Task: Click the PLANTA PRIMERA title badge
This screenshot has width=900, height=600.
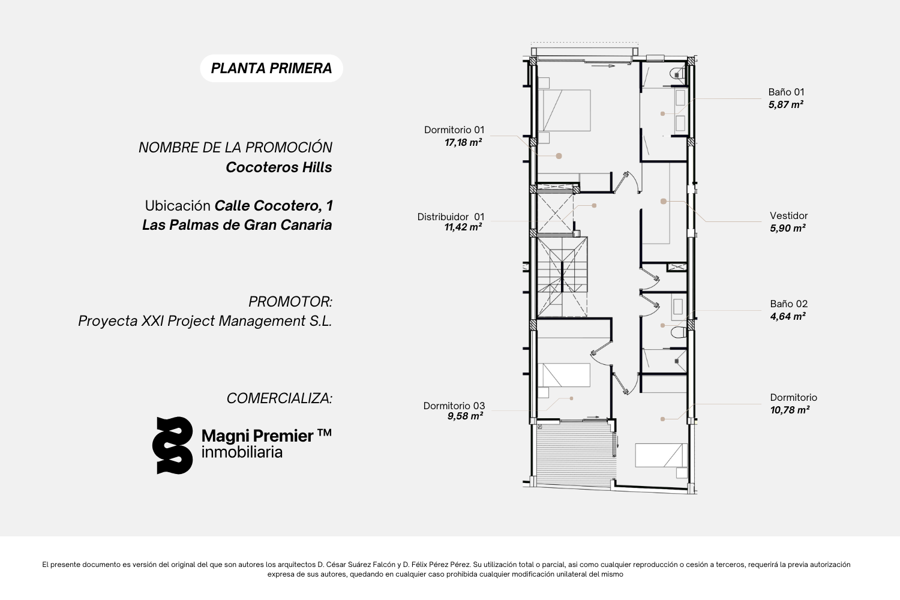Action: [x=272, y=68]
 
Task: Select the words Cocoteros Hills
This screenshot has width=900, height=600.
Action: [x=279, y=167]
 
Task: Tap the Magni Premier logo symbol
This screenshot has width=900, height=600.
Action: [x=172, y=445]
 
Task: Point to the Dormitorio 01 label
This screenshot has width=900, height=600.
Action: [x=454, y=130]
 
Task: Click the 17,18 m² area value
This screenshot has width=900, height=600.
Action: [x=463, y=142]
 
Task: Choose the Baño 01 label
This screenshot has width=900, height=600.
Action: [x=786, y=92]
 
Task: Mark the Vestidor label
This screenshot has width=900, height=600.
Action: [x=789, y=216]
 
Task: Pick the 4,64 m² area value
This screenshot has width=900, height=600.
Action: [x=787, y=316]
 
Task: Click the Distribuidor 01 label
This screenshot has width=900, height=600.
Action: [x=451, y=217]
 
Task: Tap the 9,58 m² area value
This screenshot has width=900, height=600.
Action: [x=465, y=416]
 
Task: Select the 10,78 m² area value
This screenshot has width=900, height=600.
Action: [x=790, y=410]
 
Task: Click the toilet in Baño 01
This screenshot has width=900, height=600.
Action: [x=677, y=74]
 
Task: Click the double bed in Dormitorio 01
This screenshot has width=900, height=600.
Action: [x=564, y=110]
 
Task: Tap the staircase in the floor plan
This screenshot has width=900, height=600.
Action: [x=562, y=277]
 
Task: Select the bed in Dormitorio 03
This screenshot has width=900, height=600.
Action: [x=564, y=375]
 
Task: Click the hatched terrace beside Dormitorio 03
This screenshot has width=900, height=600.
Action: [x=575, y=454]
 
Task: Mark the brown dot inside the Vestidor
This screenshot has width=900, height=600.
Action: [x=664, y=202]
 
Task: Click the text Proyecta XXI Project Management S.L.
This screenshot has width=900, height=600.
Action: [x=205, y=321]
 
